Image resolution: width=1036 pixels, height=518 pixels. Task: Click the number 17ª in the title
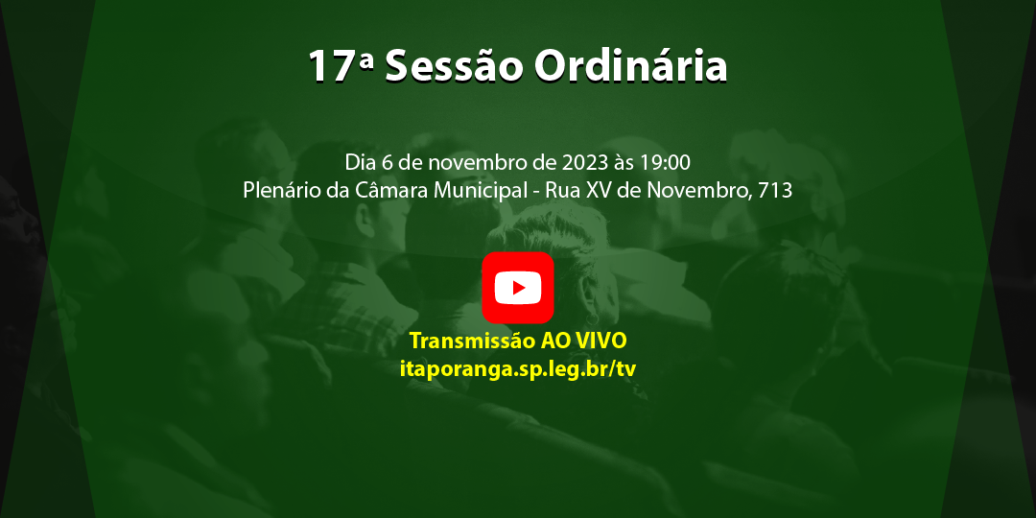341,67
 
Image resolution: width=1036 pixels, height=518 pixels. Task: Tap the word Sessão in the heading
454,67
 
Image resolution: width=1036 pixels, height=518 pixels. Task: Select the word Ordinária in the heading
630,67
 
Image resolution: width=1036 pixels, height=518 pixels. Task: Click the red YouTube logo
518,288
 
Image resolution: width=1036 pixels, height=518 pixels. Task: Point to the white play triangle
519,288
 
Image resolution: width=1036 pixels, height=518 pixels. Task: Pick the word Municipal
481,190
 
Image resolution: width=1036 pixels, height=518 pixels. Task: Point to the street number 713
775,190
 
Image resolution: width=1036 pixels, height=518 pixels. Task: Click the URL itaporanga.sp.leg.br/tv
518,368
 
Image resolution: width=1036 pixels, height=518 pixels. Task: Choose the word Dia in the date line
361,161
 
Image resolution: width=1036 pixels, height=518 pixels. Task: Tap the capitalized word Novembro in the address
698,190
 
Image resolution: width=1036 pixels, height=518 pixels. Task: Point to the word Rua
561,190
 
